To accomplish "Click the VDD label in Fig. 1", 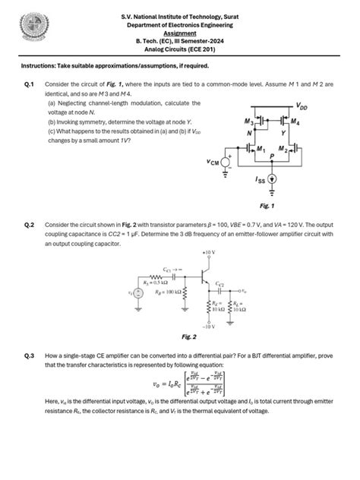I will pyautogui.click(x=302, y=106).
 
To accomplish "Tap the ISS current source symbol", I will pyautogui.click(x=273, y=180).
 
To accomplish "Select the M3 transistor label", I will pyautogui.click(x=248, y=122).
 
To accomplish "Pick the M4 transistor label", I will pyautogui.click(x=295, y=122).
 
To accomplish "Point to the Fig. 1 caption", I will pyautogui.click(x=267, y=205).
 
